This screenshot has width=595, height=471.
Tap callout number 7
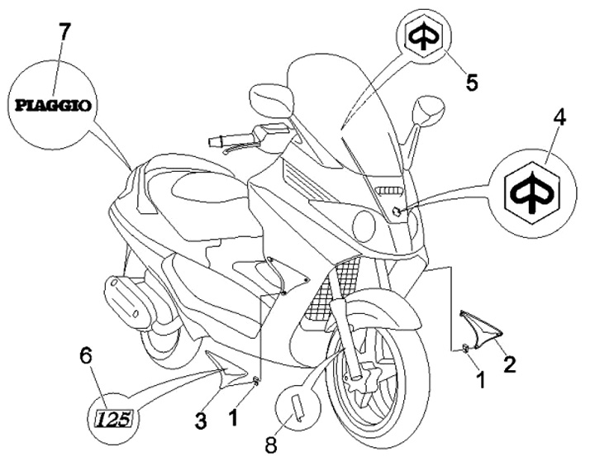tap(64, 33)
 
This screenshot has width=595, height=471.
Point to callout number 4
tap(559, 118)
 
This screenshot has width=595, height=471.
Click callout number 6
tap(85, 356)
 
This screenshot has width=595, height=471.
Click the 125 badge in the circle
tap(111, 418)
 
